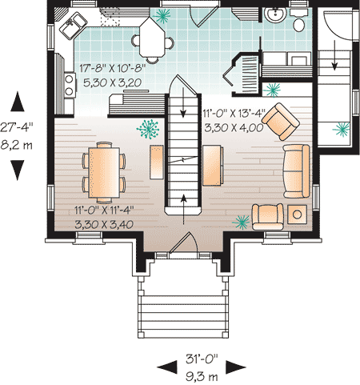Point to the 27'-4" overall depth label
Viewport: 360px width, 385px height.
(18, 126)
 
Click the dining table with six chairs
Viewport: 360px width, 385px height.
(103, 170)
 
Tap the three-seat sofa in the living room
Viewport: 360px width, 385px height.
(294, 170)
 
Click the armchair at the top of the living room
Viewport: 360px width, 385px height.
(280, 119)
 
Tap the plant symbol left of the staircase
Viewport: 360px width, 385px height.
(147, 126)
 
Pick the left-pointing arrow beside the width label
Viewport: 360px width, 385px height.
(166, 366)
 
